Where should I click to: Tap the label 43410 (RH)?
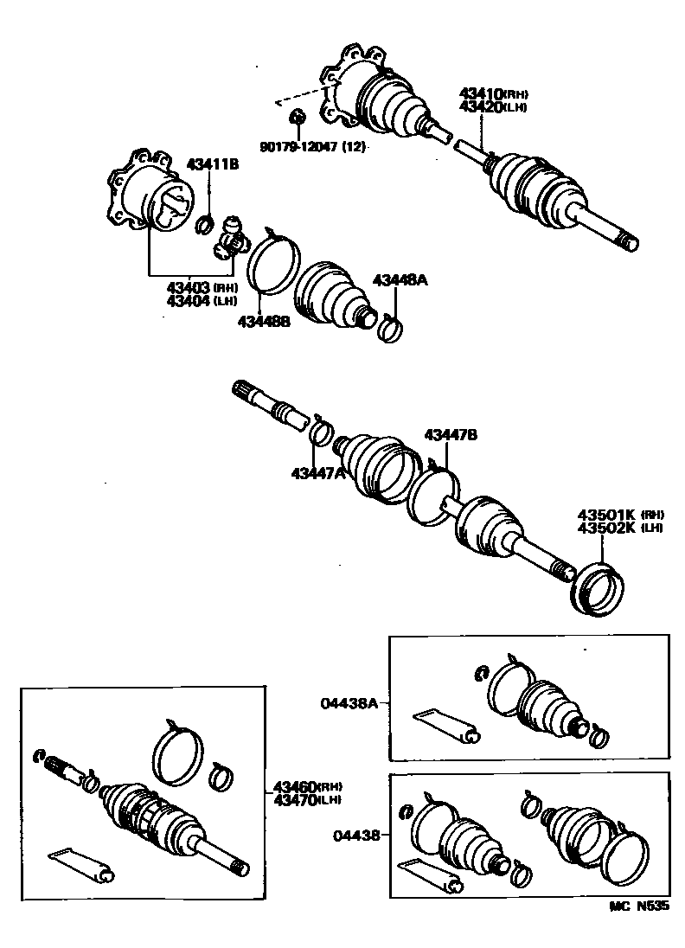point(492,94)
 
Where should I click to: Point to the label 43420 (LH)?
point(492,107)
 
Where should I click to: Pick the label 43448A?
point(400,280)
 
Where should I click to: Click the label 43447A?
point(317,472)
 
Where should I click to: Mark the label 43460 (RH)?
point(307,786)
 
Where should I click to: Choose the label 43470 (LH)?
point(307,799)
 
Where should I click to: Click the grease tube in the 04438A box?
point(446,725)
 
